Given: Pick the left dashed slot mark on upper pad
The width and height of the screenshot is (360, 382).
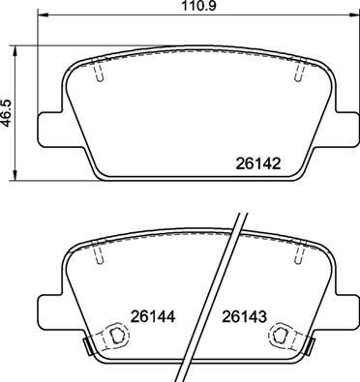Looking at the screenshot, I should click(99, 71).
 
